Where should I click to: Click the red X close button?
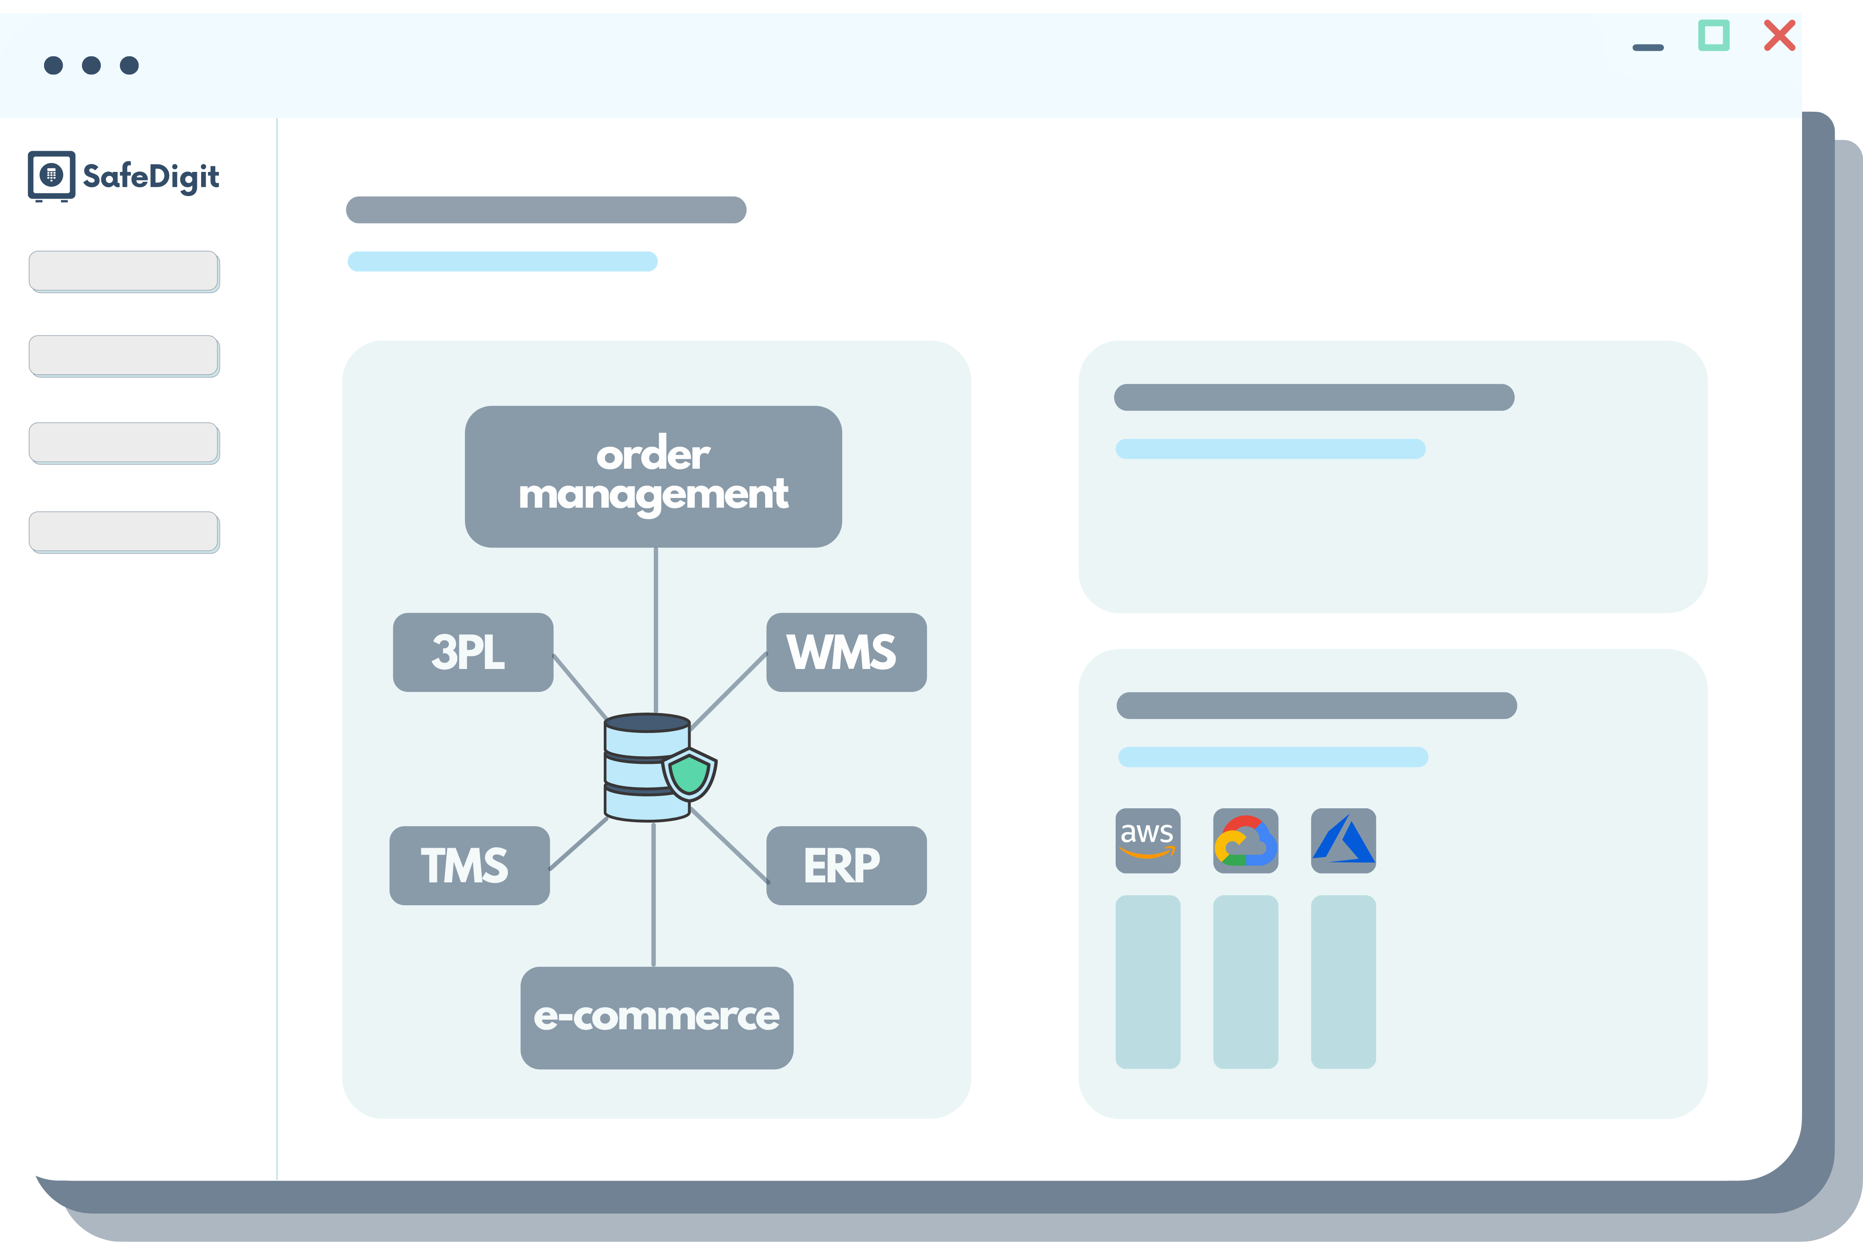point(1780,36)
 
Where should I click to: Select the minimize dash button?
point(1648,48)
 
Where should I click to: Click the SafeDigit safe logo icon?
point(51,174)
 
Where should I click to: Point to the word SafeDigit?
point(151,176)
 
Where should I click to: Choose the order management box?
point(653,476)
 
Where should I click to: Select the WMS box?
point(846,652)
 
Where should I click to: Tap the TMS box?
point(469,865)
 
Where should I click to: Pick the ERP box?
point(846,865)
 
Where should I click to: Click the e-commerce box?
point(656,1017)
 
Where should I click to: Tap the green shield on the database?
point(689,774)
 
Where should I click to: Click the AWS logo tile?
point(1147,840)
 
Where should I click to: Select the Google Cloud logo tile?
point(1245,840)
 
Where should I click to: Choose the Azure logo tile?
point(1343,840)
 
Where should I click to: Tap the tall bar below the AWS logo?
point(1147,981)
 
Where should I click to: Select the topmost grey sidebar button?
point(124,271)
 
